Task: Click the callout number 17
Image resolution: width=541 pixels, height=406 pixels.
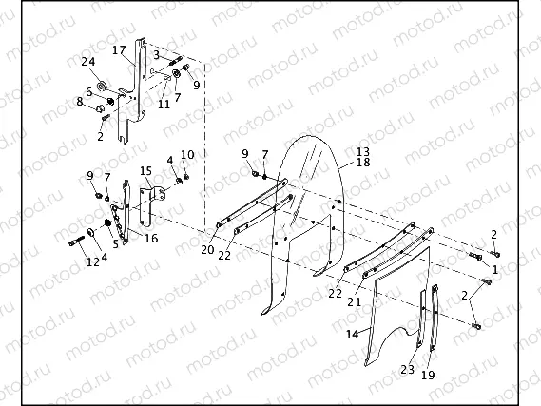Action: pyautogui.click(x=118, y=49)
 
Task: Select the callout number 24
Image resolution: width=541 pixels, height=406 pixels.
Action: pyautogui.click(x=88, y=64)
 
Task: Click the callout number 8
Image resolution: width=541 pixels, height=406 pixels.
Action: pyautogui.click(x=82, y=101)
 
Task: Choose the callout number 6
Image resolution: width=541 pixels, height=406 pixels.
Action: pyautogui.click(x=88, y=92)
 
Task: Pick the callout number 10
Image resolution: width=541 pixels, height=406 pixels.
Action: pyautogui.click(x=187, y=154)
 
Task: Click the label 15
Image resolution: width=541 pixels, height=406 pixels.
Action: pyautogui.click(x=145, y=170)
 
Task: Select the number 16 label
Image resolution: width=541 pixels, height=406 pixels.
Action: pyautogui.click(x=150, y=238)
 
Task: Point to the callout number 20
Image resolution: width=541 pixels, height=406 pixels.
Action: pyautogui.click(x=206, y=250)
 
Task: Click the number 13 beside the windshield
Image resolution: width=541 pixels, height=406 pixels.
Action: pyautogui.click(x=362, y=152)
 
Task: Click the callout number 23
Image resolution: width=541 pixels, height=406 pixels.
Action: pyautogui.click(x=407, y=369)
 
